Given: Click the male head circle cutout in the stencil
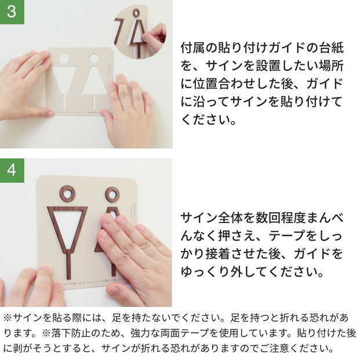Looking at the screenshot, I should [64, 59].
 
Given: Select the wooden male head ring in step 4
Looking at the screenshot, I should [67, 194].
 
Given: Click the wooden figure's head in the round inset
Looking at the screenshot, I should [136, 12].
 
